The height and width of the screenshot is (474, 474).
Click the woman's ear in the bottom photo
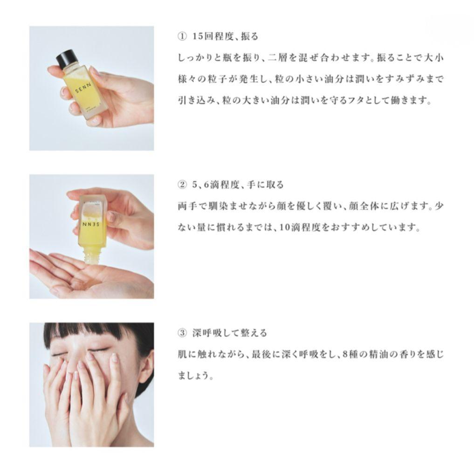click(x=146, y=366)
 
